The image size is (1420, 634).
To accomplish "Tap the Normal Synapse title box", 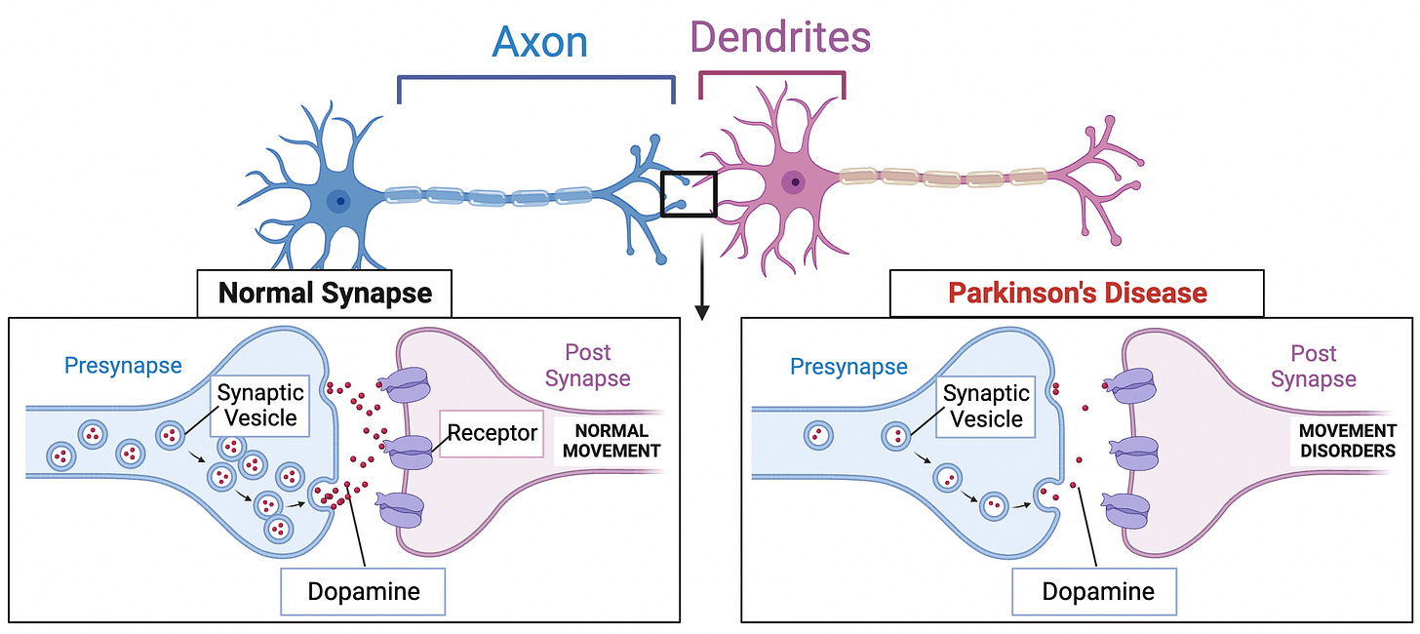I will [325, 293].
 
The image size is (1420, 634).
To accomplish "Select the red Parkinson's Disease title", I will [1077, 293].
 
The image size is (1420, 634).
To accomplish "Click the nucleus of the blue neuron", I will [339, 202].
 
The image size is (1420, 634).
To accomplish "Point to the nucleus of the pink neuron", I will [797, 181].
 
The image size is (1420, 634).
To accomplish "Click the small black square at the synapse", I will [689, 193].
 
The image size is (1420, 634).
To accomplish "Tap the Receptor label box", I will [493, 432].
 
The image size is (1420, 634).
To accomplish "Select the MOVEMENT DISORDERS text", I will [1348, 441].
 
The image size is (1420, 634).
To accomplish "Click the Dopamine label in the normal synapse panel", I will [362, 591].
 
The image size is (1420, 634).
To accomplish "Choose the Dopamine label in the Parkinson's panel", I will [1097, 591].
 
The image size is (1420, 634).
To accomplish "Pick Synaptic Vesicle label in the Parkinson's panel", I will [986, 407].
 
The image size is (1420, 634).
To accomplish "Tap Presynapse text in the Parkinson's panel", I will [848, 367].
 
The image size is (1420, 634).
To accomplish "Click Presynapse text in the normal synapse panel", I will [123, 366].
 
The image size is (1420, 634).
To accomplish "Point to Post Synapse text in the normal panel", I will [587, 365].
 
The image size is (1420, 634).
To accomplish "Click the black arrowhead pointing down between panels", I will [701, 312].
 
